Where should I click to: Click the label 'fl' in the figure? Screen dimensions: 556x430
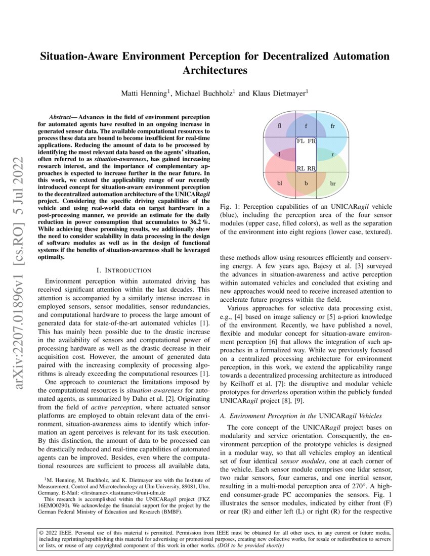(280, 125)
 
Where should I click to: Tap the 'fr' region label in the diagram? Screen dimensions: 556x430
(332, 125)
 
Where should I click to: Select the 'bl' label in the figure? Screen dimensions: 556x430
(280, 183)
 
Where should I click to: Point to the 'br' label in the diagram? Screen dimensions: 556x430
(332, 183)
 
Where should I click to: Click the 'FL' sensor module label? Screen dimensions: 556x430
(300, 141)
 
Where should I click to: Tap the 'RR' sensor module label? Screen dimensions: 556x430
(311, 168)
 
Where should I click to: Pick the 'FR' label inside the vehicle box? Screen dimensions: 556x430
(311, 141)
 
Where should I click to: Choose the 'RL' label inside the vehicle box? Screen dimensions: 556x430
(300, 168)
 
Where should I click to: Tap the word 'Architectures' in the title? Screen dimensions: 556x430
(215, 70)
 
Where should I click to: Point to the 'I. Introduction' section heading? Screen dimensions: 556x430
(124, 270)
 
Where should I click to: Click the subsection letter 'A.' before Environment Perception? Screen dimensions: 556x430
(223, 415)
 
